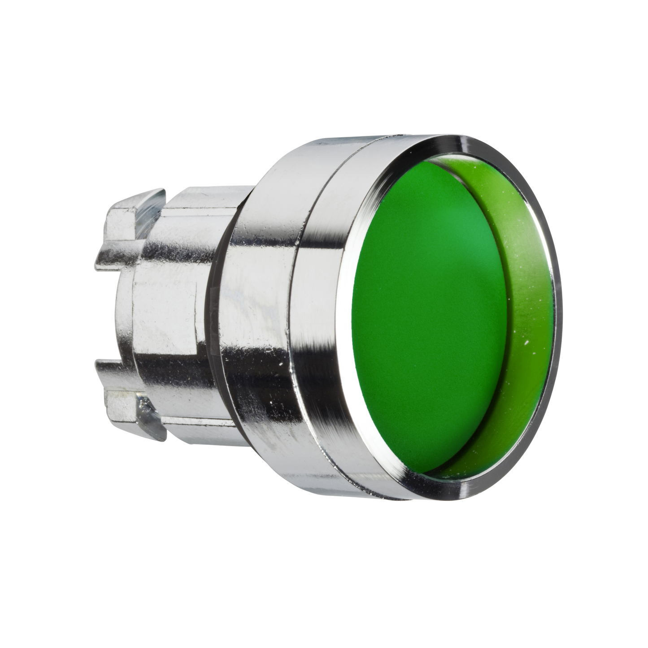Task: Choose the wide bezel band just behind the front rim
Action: (323, 314)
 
